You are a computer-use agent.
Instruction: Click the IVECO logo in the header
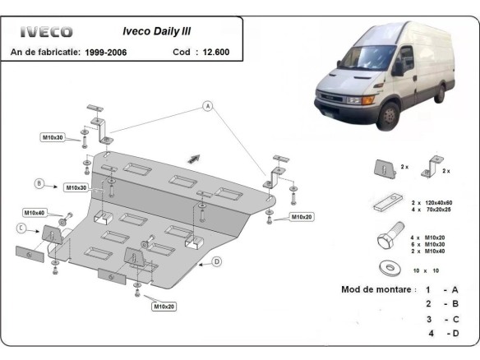coord(46,32)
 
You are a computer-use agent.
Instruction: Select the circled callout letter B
coord(39,183)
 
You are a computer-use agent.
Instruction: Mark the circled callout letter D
coord(218,261)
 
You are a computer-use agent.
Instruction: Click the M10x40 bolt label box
coord(35,212)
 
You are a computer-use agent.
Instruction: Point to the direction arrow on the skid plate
coord(194,157)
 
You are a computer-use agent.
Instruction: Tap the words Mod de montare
coord(374,289)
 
